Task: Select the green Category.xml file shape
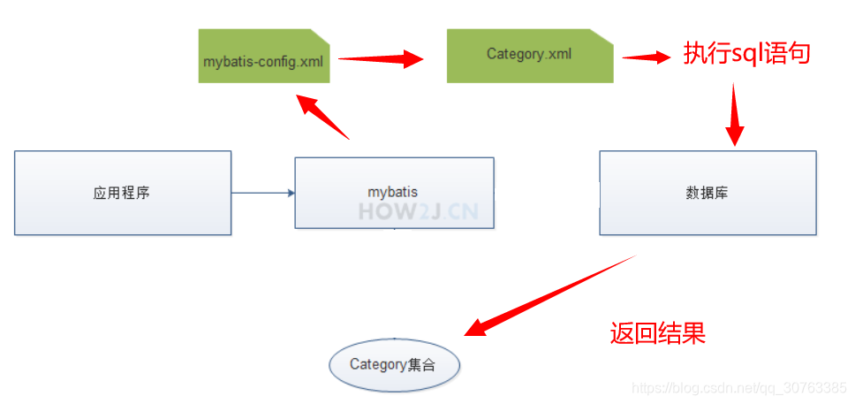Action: click(x=529, y=56)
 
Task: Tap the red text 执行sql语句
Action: click(x=746, y=54)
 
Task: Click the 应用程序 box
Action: click(x=122, y=193)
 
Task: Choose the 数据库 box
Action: click(x=707, y=193)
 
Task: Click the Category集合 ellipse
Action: click(x=394, y=364)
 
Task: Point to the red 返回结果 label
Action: click(x=657, y=333)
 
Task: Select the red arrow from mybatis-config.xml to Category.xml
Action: click(x=381, y=59)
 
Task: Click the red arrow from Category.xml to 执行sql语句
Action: click(x=646, y=57)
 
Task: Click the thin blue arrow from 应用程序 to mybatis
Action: click(x=262, y=193)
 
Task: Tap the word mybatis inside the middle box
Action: click(x=393, y=191)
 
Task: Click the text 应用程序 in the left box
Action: click(x=122, y=193)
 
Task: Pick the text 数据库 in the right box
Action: click(x=707, y=193)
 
